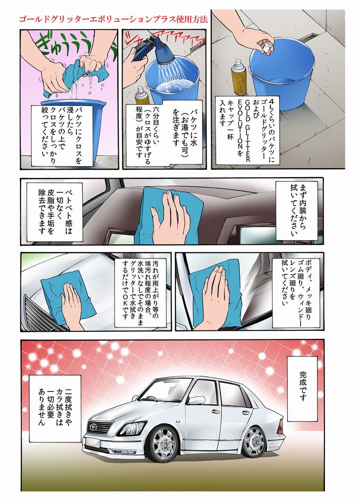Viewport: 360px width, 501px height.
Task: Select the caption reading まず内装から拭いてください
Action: (297, 210)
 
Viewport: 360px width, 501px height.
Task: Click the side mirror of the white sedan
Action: (195, 401)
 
